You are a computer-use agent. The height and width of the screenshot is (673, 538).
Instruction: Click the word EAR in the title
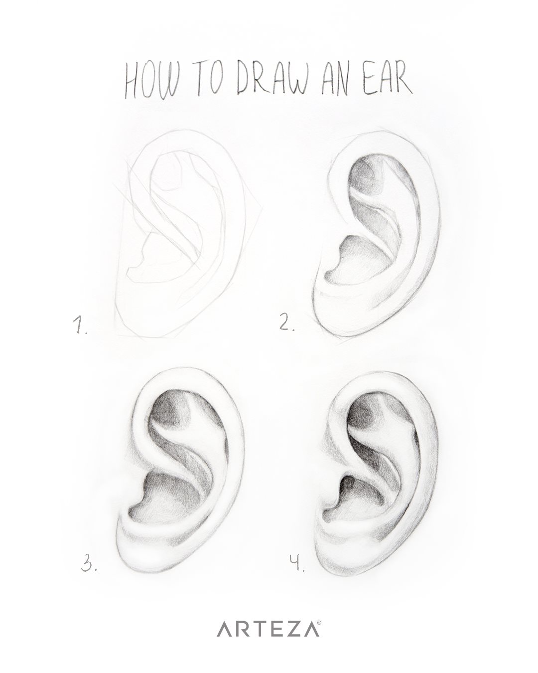pos(388,80)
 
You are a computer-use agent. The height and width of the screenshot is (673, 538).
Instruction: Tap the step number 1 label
pos(80,325)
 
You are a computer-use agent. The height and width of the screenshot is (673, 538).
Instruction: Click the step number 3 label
pos(89,562)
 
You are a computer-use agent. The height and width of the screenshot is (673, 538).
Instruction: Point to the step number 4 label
pos(297,562)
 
